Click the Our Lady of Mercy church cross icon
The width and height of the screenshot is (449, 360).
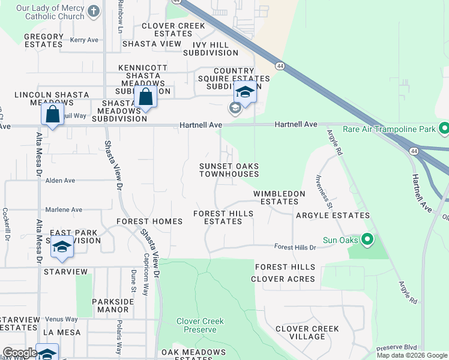click(94, 11)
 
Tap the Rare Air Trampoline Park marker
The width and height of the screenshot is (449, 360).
click(444, 128)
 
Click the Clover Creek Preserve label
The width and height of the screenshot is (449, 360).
click(200, 325)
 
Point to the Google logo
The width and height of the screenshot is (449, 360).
click(19, 353)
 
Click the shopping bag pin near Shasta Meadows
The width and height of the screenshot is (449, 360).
click(145, 97)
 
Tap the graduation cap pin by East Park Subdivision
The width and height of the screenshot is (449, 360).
click(62, 248)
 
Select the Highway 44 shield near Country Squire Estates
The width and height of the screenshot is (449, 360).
click(280, 65)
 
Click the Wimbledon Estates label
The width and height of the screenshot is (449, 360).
click(279, 197)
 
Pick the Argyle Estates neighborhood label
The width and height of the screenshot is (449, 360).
click(333, 215)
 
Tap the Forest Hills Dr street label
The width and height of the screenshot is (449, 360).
click(295, 247)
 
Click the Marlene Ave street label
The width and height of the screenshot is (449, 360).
click(64, 209)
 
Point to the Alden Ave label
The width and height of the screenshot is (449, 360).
click(60, 180)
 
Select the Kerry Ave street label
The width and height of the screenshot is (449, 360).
click(84, 40)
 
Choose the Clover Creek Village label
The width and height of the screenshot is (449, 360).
click(307, 332)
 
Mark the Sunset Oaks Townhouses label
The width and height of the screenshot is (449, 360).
click(229, 170)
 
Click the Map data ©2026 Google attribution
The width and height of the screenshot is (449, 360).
click(412, 355)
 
